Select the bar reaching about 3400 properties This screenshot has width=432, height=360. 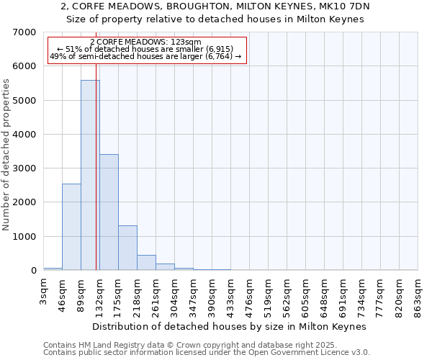109,212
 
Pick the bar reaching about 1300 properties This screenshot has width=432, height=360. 127,248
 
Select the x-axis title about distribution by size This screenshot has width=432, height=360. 230,326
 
